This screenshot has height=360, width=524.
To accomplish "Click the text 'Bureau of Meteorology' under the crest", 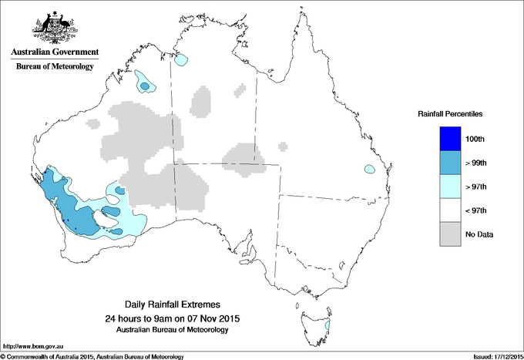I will (54, 67).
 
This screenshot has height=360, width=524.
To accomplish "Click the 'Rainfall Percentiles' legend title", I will (450, 113).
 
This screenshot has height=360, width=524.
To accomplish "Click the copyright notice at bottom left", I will (92, 356).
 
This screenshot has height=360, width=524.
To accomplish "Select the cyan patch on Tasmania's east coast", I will (327, 327).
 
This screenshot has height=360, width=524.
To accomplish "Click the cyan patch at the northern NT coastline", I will (181, 59).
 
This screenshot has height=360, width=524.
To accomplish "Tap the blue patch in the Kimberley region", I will (144, 82).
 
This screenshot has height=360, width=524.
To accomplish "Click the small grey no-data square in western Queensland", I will (284, 144).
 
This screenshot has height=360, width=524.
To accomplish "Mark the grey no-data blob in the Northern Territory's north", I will (201, 102).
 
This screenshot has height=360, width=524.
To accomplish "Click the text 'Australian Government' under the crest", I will (54, 52).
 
